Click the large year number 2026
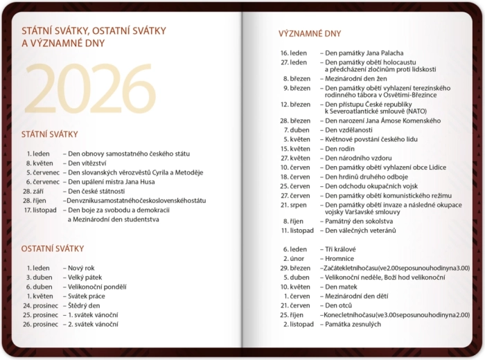click(90, 90)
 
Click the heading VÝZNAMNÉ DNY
click(310, 33)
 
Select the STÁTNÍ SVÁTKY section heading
click(49, 134)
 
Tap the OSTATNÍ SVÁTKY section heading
click(53, 248)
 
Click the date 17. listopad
click(40, 210)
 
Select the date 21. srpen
click(294, 205)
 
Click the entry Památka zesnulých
click(353, 324)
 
